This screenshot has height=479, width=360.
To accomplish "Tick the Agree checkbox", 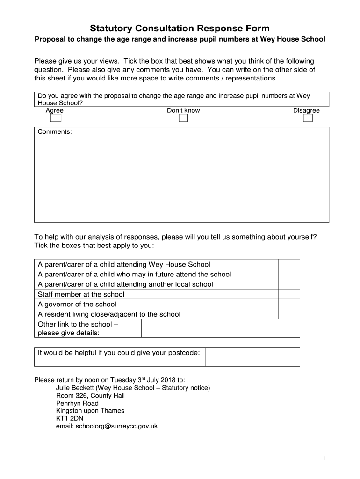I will pyautogui.click(x=56, y=118).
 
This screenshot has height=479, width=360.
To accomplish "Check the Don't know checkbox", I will pyautogui.click(x=183, y=118).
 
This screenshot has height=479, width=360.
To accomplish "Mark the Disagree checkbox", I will pyautogui.click(x=308, y=118).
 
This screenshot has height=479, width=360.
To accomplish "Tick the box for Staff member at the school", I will pyautogui.click(x=289, y=294).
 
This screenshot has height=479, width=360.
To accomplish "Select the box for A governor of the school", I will pyautogui.click(x=289, y=305).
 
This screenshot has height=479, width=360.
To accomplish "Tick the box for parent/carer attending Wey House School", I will pyautogui.click(x=289, y=264).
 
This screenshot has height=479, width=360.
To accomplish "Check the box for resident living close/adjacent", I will pyautogui.click(x=289, y=314).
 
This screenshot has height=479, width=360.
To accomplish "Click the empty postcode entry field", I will pyautogui.click(x=252, y=357).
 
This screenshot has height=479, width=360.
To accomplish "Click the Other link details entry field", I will pyautogui.click(x=220, y=328).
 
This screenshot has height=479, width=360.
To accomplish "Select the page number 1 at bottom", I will pyautogui.click(x=324, y=459).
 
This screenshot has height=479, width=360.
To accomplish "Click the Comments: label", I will pyautogui.click(x=55, y=132).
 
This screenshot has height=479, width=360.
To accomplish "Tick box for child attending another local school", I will pyautogui.click(x=289, y=284).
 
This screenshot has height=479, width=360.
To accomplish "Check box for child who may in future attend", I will pyautogui.click(x=289, y=274).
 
